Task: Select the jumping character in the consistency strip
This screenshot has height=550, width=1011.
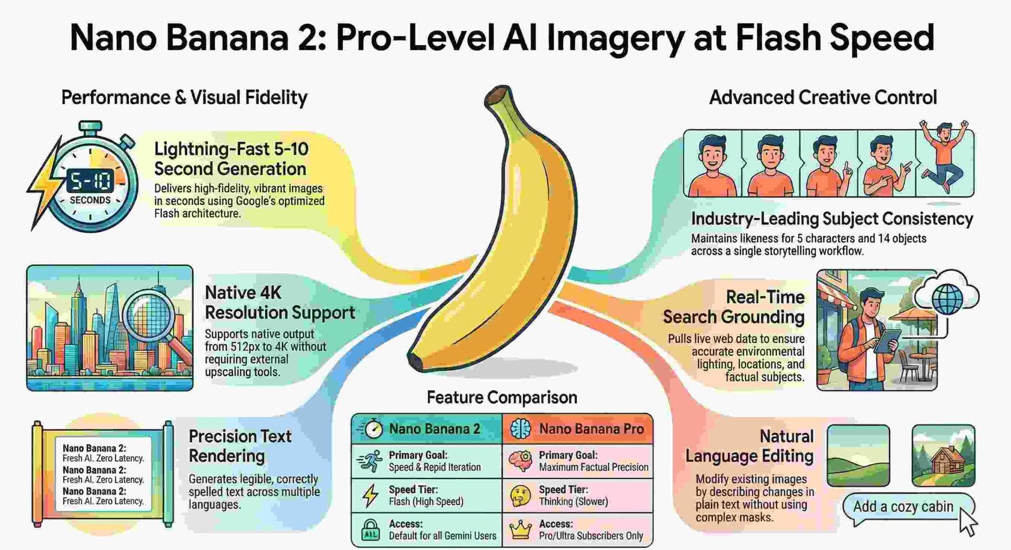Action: click(x=944, y=155)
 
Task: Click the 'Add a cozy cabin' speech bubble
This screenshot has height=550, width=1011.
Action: click(x=904, y=507)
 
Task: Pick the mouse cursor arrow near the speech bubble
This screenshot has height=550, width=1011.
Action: click(x=967, y=522)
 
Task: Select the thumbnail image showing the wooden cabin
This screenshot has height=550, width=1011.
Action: click(x=943, y=455)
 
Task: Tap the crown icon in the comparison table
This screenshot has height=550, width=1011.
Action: click(x=520, y=530)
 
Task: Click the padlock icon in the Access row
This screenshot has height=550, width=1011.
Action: click(x=370, y=530)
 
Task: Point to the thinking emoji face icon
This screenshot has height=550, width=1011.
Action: click(x=520, y=496)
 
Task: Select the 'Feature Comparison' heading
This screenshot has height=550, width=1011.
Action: click(x=502, y=397)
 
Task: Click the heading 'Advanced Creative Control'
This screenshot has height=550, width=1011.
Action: click(x=823, y=97)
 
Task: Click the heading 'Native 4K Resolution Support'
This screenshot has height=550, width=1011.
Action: click(x=279, y=302)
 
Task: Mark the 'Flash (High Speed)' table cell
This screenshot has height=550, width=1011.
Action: click(x=426, y=501)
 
